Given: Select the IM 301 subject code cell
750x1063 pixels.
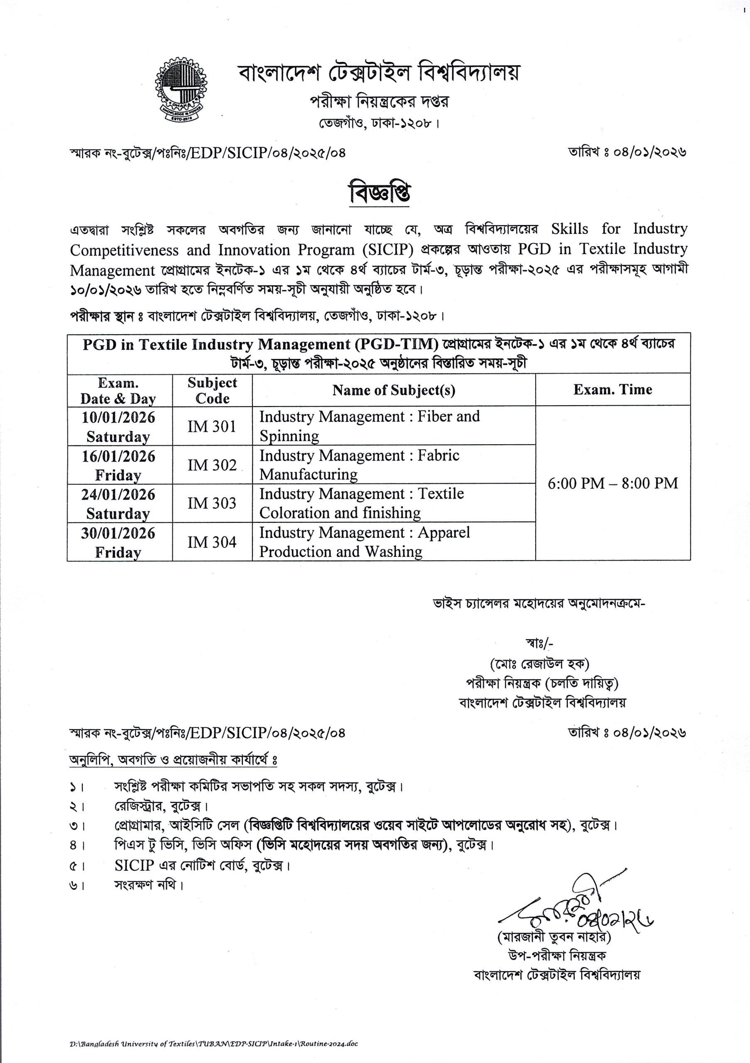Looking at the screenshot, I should click(212, 426).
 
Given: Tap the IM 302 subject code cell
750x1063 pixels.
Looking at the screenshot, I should click(212, 465).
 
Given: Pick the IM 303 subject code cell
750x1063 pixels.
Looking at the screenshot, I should click(212, 503).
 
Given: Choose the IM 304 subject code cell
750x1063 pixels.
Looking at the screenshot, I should click(212, 542).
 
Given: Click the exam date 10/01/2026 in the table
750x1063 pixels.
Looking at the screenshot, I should click(118, 418).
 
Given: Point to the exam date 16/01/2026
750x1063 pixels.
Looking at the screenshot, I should click(118, 456).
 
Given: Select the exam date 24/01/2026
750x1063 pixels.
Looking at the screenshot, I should click(118, 495).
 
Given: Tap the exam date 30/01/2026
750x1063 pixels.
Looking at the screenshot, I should click(118, 533).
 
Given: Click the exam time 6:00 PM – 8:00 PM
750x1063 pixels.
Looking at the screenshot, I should click(613, 483).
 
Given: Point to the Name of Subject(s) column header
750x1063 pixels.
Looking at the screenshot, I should click(394, 390).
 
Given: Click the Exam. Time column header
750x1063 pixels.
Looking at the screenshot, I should click(613, 390).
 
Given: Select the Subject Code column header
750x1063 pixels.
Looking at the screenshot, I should click(212, 390).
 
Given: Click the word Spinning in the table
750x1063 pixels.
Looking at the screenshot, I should click(289, 436).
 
